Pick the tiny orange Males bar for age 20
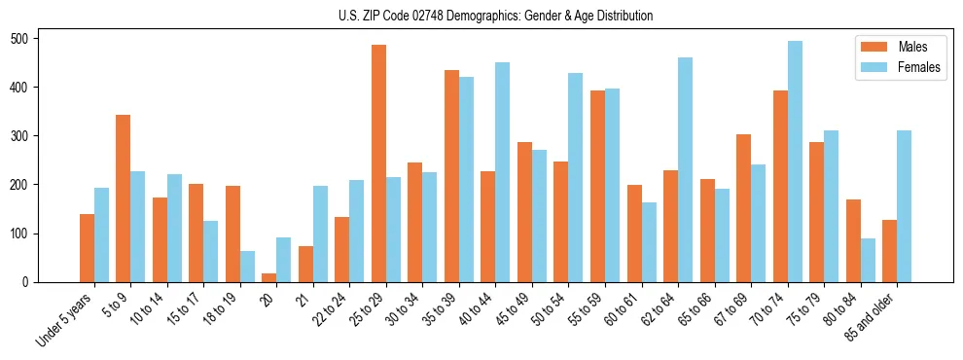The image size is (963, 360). point(269,277)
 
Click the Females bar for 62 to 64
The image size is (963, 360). point(685,169)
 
